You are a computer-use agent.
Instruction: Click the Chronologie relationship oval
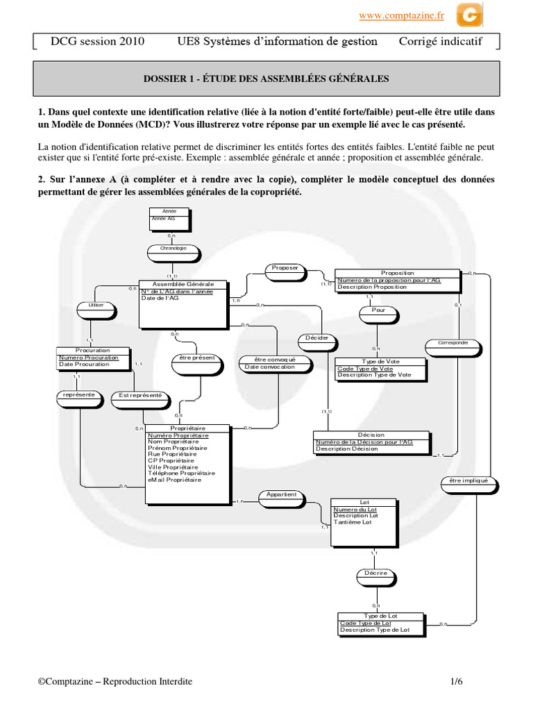pyautogui.click(x=174, y=250)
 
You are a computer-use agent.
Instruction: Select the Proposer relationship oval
pyautogui.click(x=285, y=269)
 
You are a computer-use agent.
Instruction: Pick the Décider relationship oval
pyautogui.click(x=317, y=340)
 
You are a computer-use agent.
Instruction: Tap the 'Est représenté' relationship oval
pyautogui.click(x=141, y=396)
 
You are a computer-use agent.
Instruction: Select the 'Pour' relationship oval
pyautogui.click(x=378, y=312)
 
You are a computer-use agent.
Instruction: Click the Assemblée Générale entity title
pyautogui.click(x=183, y=285)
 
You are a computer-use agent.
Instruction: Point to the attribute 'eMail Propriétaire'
pyautogui.click(x=174, y=480)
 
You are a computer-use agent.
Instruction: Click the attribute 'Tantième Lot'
pyautogui.click(x=353, y=523)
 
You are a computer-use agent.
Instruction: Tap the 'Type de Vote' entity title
pyautogui.click(x=381, y=362)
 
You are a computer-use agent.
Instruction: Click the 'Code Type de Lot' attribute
pyautogui.click(x=366, y=624)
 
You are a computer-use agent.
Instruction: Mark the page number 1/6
pyautogui.click(x=456, y=683)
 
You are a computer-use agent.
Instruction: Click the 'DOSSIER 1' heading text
pyautogui.click(x=266, y=79)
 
